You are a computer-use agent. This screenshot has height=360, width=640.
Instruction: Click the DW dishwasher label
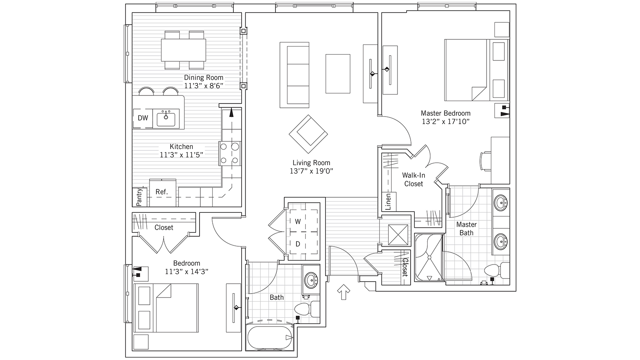click(143, 118)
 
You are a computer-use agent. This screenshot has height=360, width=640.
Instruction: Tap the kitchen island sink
click(166, 118)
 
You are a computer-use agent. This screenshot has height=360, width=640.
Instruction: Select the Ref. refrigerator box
click(162, 193)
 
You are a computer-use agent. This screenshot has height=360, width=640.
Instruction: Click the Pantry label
click(139, 197)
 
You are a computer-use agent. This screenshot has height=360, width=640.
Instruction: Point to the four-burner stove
click(230, 154)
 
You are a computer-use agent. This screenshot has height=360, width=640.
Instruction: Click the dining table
click(183, 50)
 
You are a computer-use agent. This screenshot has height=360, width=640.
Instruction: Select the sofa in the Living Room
click(295, 75)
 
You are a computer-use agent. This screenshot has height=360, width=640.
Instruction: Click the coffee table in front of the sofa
click(338, 74)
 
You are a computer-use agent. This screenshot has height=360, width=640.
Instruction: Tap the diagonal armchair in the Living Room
click(308, 134)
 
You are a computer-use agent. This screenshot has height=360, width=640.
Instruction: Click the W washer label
click(298, 221)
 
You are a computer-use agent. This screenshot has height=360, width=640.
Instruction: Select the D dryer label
click(298, 244)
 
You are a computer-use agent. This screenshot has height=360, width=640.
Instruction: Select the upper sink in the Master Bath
click(500, 202)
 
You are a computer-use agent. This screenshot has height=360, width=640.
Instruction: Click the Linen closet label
click(388, 201)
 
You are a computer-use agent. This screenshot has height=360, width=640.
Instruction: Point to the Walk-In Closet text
click(413, 179)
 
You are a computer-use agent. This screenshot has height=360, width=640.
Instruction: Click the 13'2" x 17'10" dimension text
click(446, 122)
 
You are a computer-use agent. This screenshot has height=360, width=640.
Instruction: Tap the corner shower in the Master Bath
click(429, 257)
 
